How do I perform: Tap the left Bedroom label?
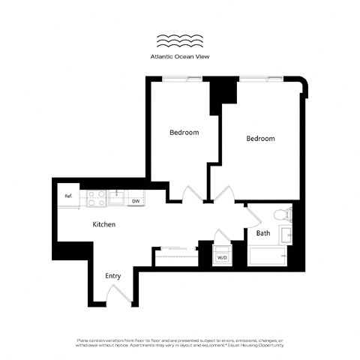[184, 133]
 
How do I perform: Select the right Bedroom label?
[260, 139]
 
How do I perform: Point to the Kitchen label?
[103, 224]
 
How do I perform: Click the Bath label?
[263, 233]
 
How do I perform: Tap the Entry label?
[112, 276]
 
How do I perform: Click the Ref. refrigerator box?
[68, 196]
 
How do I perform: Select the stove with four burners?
[97, 198]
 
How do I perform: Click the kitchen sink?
[117, 197]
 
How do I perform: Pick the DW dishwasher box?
[136, 201]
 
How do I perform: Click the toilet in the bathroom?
[283, 214]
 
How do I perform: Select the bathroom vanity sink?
[286, 234]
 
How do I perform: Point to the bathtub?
[268, 259]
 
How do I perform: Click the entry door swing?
[123, 295]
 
